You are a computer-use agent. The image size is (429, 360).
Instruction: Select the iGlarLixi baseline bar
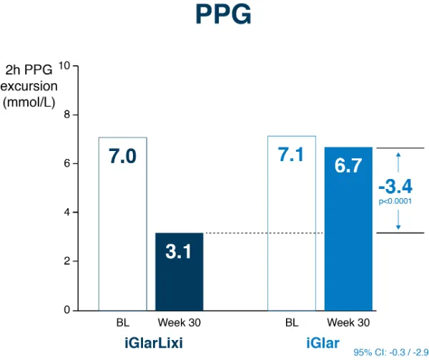[x=122, y=236]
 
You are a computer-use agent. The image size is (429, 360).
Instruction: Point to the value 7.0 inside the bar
[x=122, y=157]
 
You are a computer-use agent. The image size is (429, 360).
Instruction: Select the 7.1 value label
[x=292, y=155]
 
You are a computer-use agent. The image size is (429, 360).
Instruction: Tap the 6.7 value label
[x=348, y=166]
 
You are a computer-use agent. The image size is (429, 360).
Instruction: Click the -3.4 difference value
[x=395, y=188]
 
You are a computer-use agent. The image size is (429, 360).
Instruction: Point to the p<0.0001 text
[x=395, y=202]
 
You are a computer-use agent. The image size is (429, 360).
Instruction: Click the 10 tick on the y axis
[x=64, y=66]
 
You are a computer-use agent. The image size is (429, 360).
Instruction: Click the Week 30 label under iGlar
[x=348, y=322]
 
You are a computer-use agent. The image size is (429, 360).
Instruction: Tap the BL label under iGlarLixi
[x=122, y=322]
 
